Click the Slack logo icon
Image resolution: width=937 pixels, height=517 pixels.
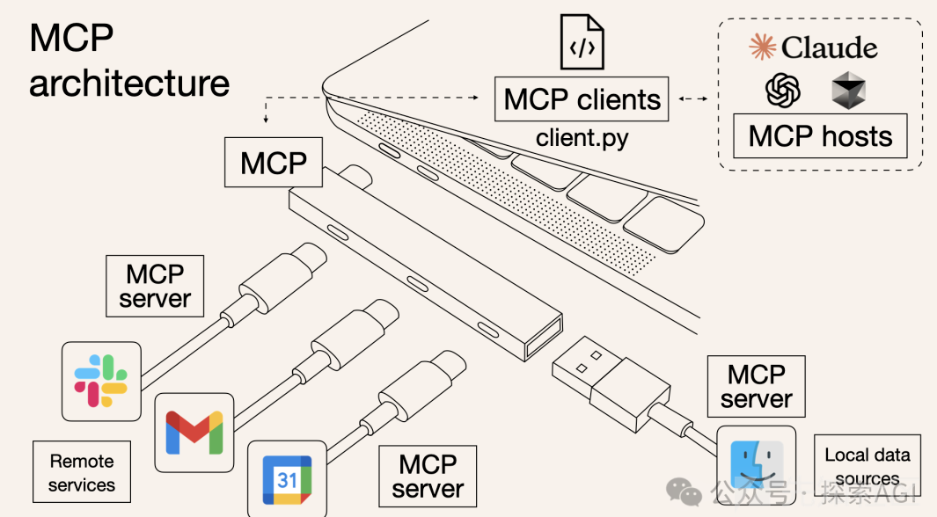click(x=101, y=381)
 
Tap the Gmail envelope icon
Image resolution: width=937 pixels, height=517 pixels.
click(x=194, y=433)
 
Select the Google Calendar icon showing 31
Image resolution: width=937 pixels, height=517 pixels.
click(x=287, y=480)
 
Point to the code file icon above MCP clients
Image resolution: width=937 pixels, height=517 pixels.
click(x=582, y=42)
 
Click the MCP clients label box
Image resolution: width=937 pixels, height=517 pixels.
click(x=582, y=99)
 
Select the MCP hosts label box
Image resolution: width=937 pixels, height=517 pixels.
click(x=820, y=136)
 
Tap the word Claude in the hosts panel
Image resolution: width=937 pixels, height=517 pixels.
click(x=830, y=47)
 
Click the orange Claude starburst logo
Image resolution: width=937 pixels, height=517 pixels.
click(x=763, y=47)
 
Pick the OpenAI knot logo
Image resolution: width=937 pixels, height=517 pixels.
click(x=783, y=91)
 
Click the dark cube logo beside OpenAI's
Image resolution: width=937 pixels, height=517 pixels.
click(x=848, y=91)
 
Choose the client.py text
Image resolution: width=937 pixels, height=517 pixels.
click(x=582, y=138)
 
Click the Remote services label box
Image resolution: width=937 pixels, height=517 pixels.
click(x=82, y=471)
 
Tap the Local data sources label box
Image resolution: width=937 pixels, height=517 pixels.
click(x=867, y=466)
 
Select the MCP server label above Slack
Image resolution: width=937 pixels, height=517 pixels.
click(x=155, y=286)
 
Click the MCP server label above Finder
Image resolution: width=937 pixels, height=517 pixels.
click(x=756, y=386)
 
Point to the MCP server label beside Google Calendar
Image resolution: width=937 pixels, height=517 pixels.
click(x=428, y=476)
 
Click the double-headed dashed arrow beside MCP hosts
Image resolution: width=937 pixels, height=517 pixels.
click(x=693, y=98)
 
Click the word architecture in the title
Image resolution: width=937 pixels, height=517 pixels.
click(x=129, y=83)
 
